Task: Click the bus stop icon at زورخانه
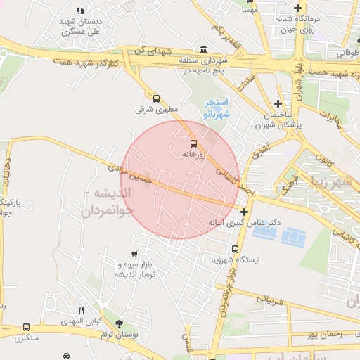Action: pos(193,143)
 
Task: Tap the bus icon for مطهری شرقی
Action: pos(156,99)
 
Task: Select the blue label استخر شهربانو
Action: pos(217,108)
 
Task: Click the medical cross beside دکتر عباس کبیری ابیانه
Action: pos(244,212)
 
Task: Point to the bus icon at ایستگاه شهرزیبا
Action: pos(235,248)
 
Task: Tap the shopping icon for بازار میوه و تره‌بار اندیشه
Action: pos(134,253)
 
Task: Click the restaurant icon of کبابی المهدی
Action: pos(82,310)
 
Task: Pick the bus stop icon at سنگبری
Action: pos(27,327)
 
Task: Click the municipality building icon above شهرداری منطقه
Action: pos(203,49)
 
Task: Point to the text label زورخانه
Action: pos(193,154)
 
